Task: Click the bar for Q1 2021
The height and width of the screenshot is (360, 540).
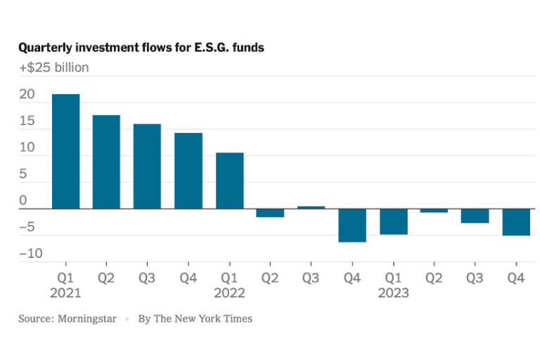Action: point(65,151)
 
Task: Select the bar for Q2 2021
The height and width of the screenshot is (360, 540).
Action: point(106,162)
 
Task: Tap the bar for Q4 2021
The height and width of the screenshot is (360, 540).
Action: point(188,171)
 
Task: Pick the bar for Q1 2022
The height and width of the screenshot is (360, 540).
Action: point(229,181)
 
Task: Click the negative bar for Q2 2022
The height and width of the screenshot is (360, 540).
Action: point(270,213)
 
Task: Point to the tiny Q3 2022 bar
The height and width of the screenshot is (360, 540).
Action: point(311,207)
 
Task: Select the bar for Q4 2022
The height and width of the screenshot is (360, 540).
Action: point(352,225)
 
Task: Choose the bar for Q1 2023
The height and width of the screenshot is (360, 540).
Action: point(394,221)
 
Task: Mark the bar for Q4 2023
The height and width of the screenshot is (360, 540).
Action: point(516,222)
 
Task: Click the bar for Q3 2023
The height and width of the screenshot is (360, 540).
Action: point(475,216)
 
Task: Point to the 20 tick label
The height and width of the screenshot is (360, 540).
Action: point(26,95)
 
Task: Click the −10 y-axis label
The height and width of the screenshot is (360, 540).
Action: point(30,253)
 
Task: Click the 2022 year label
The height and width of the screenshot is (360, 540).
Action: point(230,292)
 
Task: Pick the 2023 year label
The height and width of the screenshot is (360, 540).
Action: point(394,292)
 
